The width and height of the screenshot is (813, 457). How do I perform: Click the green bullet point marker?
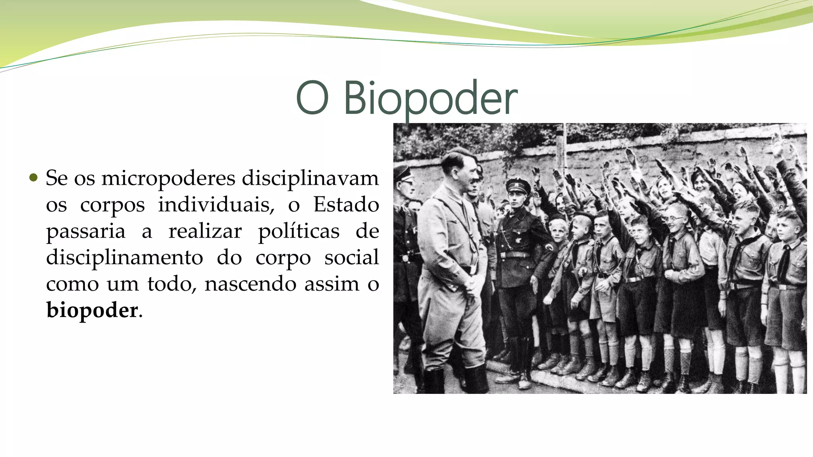[x=34, y=177]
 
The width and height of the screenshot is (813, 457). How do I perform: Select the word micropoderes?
[x=168, y=179]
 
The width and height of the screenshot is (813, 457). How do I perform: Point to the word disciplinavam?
[x=310, y=178]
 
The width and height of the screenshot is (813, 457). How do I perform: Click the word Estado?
[x=346, y=205]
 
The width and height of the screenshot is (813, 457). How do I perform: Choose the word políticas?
[x=299, y=231]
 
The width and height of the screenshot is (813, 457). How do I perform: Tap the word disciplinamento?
[x=124, y=257]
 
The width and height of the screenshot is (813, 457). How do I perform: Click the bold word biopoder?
[x=92, y=310]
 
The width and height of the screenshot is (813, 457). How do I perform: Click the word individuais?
[x=216, y=205]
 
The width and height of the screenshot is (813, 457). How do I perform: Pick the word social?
[x=351, y=257]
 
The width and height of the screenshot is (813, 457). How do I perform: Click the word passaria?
[x=85, y=231]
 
